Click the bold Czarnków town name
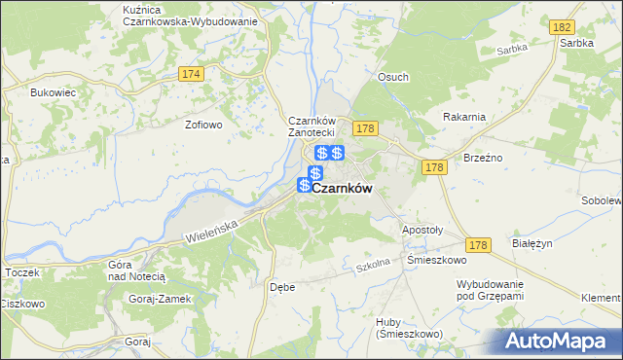click(x=342, y=190)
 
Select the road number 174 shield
click(x=191, y=74)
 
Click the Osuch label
click(x=393, y=77)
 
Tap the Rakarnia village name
click(x=463, y=117)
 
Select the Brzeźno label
click(x=482, y=157)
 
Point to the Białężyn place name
click(x=532, y=245)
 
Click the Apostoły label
click(x=422, y=231)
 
